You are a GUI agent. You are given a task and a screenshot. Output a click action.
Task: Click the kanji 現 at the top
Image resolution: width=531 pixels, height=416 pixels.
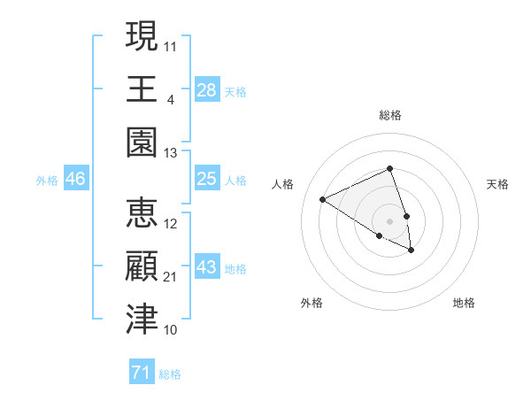point(142,37)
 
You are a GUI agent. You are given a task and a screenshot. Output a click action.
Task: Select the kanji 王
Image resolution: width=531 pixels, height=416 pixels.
point(142,89)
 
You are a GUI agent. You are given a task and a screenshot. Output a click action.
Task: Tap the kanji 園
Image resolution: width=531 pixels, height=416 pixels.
point(142,142)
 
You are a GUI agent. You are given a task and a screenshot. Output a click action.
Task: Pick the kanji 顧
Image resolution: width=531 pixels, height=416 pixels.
point(142,266)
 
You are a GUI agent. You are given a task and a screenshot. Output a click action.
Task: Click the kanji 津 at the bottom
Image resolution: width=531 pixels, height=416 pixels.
point(142,319)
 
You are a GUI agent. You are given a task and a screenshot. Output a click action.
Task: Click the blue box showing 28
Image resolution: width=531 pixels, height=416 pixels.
point(207,90)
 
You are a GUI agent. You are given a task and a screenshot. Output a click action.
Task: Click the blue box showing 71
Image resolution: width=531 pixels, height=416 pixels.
point(142,373)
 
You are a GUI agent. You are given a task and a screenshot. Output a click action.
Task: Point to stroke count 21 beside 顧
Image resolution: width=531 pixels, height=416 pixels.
point(171,277)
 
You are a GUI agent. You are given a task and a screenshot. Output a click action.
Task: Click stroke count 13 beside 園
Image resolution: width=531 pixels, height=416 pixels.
point(171,153)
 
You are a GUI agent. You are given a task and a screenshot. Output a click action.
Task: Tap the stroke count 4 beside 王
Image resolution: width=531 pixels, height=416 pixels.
point(170,100)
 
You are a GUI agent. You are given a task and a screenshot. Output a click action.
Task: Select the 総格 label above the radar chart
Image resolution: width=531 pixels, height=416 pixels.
point(390,115)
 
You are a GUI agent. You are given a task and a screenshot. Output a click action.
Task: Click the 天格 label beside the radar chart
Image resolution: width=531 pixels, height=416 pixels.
point(498,184)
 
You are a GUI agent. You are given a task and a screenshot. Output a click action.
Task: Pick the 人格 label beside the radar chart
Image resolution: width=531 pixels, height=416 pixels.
point(282,184)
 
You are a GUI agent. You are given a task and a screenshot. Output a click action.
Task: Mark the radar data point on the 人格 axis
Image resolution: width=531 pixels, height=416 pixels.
point(323,199)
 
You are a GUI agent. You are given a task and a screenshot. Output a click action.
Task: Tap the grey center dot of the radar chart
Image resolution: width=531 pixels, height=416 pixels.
point(390,220)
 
